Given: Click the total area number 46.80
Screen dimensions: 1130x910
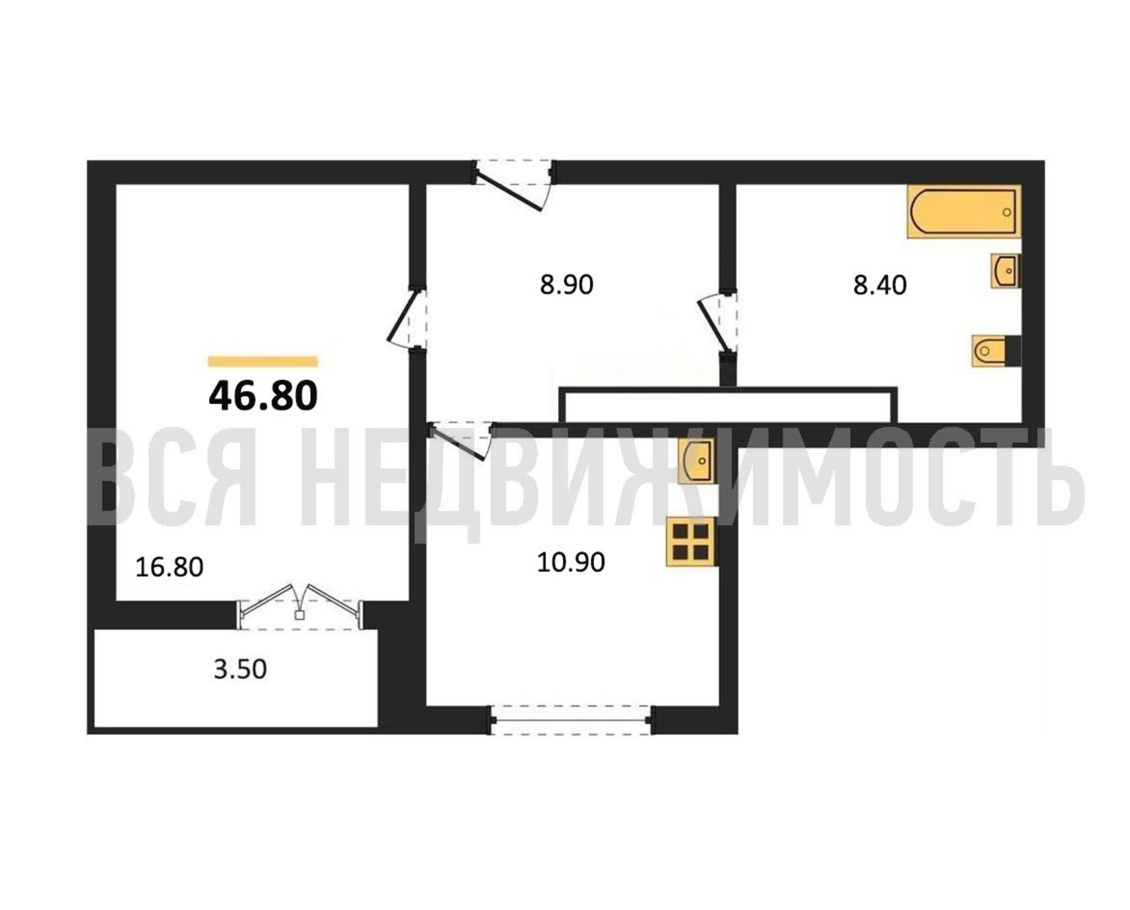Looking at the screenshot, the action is pyautogui.click(x=263, y=396).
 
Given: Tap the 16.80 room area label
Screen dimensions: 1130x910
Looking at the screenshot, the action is pyautogui.click(x=169, y=567).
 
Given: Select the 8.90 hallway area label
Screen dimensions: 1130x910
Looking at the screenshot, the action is pyautogui.click(x=566, y=285).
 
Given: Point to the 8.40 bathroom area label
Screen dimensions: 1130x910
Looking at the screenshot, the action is pyautogui.click(x=880, y=286).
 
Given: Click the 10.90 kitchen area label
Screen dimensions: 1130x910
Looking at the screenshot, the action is pyautogui.click(x=571, y=562).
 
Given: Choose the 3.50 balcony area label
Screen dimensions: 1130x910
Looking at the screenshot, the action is pyautogui.click(x=240, y=669).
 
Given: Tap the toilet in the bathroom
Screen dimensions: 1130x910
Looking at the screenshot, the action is pyautogui.click(x=996, y=350).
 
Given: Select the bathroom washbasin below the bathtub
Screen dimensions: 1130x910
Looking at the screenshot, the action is pyautogui.click(x=1005, y=271).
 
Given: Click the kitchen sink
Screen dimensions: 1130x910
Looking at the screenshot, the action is pyautogui.click(x=696, y=460).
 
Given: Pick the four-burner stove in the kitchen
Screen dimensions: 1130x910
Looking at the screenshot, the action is pyautogui.click(x=691, y=542).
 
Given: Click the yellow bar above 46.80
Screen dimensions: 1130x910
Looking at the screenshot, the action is pyautogui.click(x=263, y=361).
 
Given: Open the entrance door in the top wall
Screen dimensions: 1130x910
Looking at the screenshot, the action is pyautogui.click(x=513, y=185).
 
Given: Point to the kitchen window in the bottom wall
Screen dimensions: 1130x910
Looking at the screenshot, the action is pyautogui.click(x=571, y=721).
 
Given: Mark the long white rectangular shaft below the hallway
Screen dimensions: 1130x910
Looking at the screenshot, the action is pyautogui.click(x=728, y=404).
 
